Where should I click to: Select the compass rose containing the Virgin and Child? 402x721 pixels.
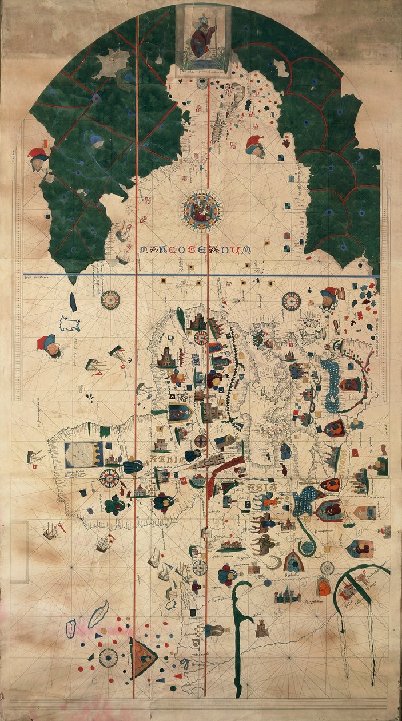(x=202, y=210)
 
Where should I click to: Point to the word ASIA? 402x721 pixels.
(x=262, y=488)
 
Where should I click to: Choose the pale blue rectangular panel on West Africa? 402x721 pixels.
(x=83, y=454)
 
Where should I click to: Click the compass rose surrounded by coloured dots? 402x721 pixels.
(x=108, y=657)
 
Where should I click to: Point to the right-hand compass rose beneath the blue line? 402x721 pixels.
(x=292, y=300)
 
